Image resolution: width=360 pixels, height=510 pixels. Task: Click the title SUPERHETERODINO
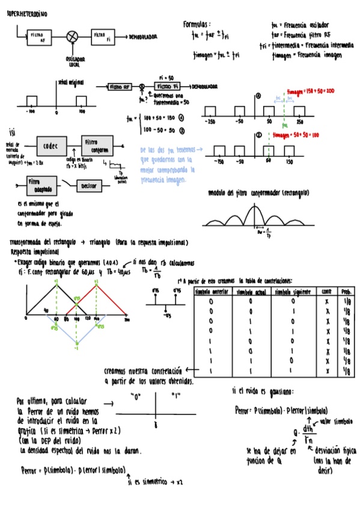click(27, 14)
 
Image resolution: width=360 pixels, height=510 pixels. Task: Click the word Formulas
click(197, 24)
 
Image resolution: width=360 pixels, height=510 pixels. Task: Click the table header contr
click(327, 291)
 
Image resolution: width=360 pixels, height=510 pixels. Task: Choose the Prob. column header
click(347, 291)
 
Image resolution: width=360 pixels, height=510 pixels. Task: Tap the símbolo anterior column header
click(212, 291)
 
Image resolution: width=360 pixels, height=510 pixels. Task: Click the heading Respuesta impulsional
click(34, 252)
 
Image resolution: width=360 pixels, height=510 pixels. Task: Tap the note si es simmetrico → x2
click(155, 482)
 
